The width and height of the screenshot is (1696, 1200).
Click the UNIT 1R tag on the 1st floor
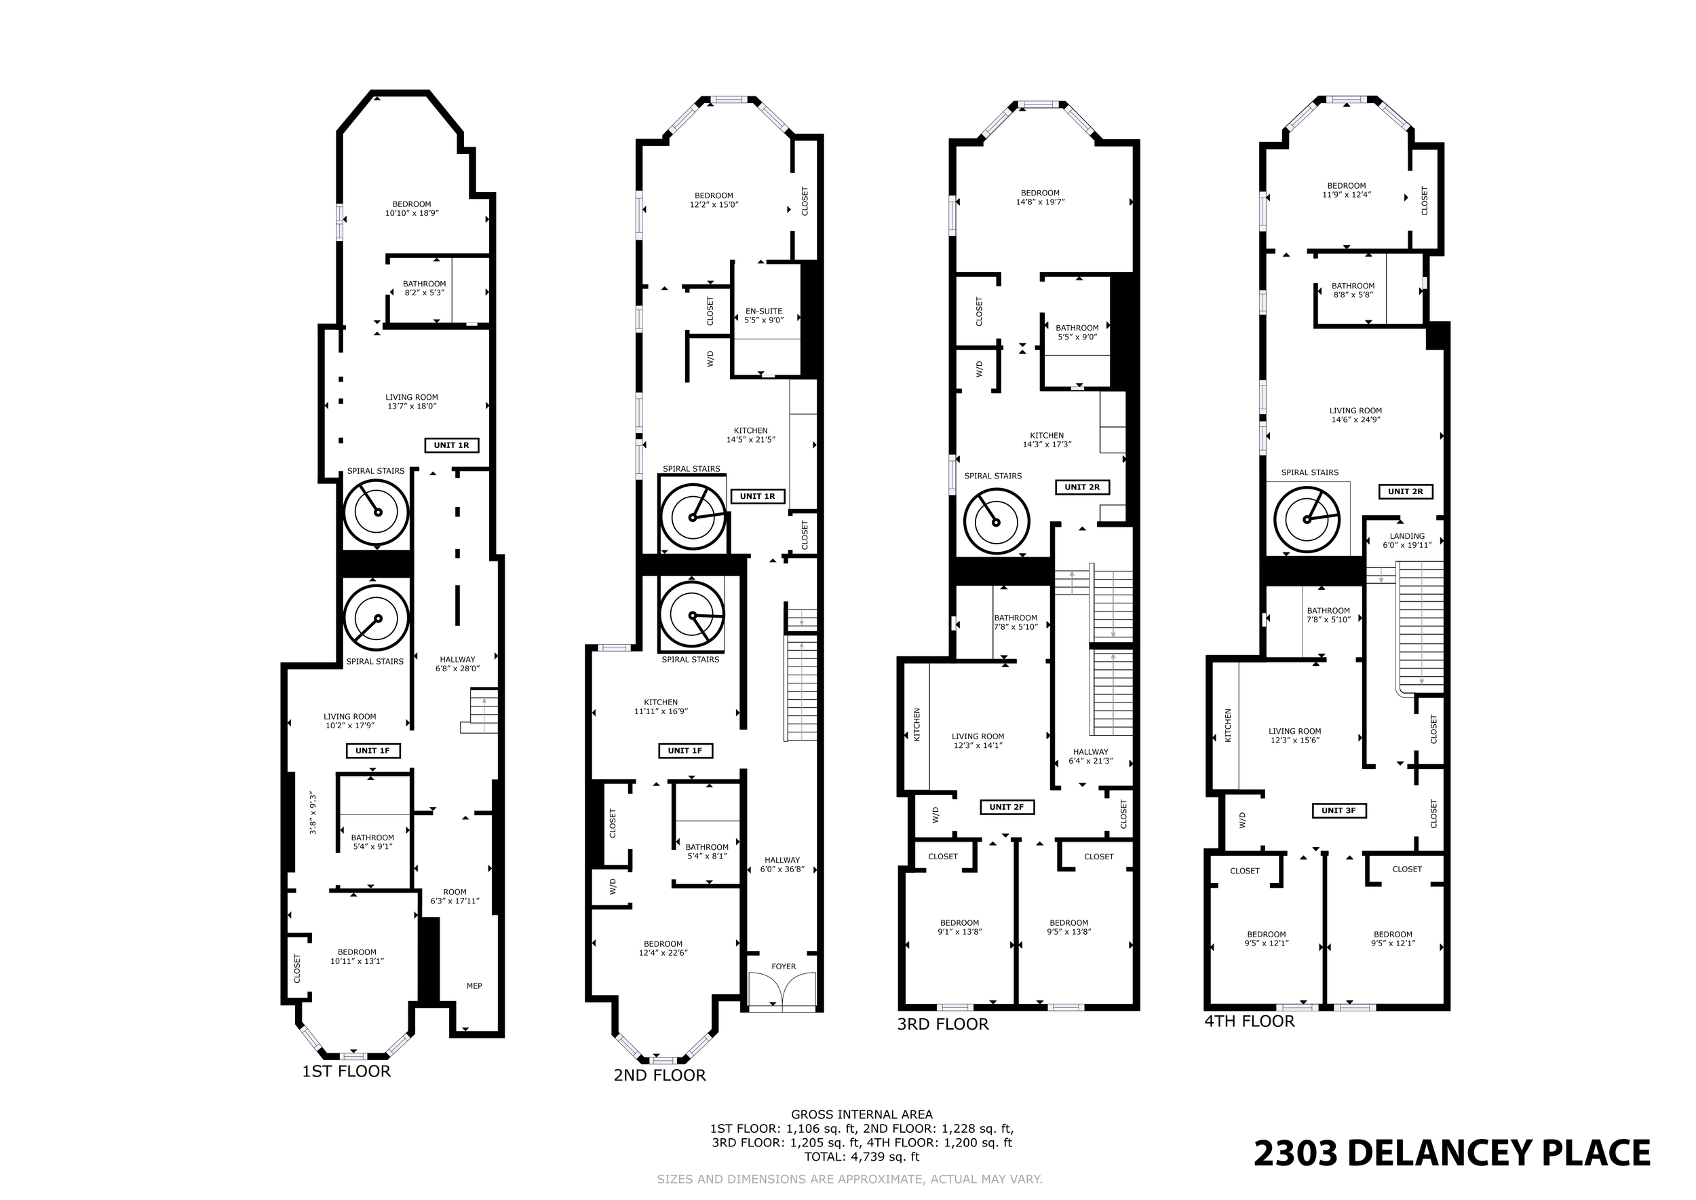[451, 445]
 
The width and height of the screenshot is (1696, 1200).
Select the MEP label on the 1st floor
[474, 986]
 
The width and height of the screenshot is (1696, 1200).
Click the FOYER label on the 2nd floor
[784, 967]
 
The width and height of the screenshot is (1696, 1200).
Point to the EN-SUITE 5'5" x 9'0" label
[764, 316]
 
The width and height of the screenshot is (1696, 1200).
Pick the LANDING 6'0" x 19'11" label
[1407, 541]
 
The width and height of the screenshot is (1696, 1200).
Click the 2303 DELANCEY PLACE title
[1452, 1153]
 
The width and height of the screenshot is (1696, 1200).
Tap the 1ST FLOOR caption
[347, 1072]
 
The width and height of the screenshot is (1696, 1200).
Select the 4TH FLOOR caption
[1250, 1021]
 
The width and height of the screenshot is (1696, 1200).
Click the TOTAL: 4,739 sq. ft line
[862, 1157]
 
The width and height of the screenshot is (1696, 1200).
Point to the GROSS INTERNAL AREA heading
[862, 1114]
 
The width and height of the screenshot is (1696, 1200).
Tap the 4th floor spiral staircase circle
[1307, 519]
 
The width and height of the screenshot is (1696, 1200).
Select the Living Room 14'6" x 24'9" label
[1355, 415]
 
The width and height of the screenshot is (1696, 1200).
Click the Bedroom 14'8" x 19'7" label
[1040, 198]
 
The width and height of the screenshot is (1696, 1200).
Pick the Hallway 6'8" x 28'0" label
[457, 664]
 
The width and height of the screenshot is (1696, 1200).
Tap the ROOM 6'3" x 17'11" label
[455, 897]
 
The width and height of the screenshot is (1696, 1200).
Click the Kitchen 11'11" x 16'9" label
[661, 707]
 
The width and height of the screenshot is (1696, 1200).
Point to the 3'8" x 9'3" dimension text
[313, 814]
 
